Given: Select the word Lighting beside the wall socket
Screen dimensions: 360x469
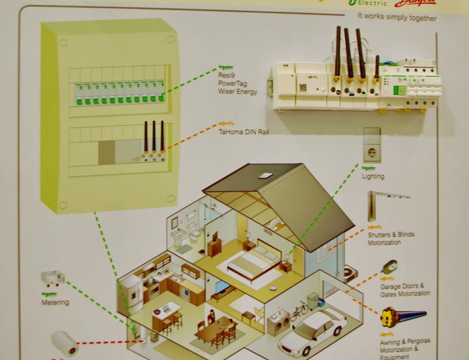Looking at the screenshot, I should click(373, 176).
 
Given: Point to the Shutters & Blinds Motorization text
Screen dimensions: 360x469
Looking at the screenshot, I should click(391, 238).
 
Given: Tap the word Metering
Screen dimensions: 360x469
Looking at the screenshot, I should click(55, 302).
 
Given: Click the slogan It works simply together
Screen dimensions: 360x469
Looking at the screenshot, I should click(397, 18).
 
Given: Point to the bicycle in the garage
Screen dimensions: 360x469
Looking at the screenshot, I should click(299, 311).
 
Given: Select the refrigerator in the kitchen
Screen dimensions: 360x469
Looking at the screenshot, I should click(131, 291).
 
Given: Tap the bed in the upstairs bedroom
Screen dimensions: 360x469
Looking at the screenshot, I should click(253, 262).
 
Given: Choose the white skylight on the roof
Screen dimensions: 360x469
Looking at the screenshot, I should click(266, 175).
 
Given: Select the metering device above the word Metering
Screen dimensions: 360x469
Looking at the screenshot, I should click(52, 278).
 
